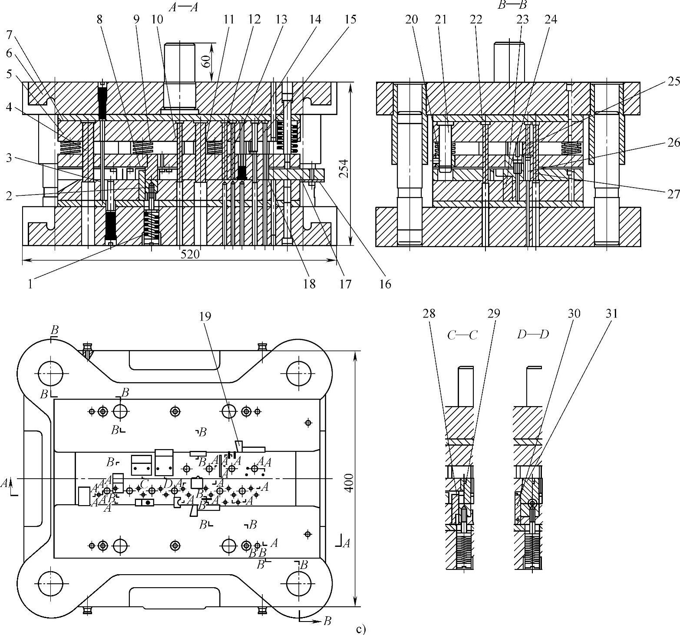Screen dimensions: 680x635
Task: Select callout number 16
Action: (385, 284)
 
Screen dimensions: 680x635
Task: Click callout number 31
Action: (611, 313)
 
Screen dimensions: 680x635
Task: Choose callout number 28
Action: (429, 313)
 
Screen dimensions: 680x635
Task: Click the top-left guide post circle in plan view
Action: (51, 373)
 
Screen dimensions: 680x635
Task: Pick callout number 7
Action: (10, 34)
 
